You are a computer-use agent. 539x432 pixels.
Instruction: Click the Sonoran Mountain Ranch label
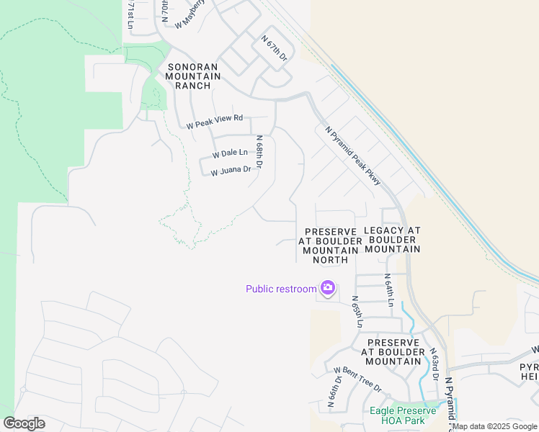coord(190,76)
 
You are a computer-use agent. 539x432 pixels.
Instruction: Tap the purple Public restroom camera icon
coord(328,288)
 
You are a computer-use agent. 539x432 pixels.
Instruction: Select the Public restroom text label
coord(281,289)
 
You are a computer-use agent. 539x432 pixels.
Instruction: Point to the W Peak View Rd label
coord(215,121)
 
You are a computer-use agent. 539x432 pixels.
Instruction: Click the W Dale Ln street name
coord(230,153)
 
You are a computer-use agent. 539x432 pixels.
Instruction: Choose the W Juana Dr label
coord(231,171)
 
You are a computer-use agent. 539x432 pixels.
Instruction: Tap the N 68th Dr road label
coord(260,152)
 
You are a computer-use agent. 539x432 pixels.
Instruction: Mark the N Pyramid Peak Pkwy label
coord(352,156)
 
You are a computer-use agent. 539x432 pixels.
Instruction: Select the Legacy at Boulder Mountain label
coord(392,239)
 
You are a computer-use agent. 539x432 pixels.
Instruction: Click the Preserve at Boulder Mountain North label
coord(331,245)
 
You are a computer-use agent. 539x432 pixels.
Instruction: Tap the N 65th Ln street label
coord(355,311)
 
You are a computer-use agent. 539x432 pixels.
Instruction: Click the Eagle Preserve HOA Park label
coord(403,415)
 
